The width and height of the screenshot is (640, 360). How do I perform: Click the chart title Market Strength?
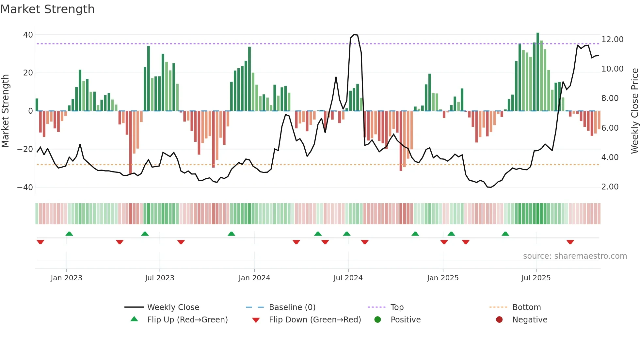click(x=47, y=9)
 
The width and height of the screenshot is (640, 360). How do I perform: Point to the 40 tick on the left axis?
click(x=28, y=35)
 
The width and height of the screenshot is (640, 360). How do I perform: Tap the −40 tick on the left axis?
click(x=25, y=188)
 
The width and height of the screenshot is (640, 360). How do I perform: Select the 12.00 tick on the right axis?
click(x=612, y=40)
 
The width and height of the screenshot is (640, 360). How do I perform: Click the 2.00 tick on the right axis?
click(x=610, y=187)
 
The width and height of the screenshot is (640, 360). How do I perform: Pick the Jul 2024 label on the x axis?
click(x=348, y=278)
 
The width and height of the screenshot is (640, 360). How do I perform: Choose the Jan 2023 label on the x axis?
click(x=66, y=278)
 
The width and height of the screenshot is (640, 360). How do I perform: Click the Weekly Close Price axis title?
click(x=634, y=111)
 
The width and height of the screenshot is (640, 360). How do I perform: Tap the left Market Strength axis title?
click(x=5, y=111)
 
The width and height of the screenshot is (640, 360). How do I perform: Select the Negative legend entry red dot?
click(x=499, y=320)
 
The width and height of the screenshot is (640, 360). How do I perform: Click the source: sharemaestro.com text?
click(x=575, y=256)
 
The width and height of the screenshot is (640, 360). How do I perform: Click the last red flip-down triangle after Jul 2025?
click(x=570, y=242)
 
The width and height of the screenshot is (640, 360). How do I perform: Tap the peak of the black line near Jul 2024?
click(x=354, y=34)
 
